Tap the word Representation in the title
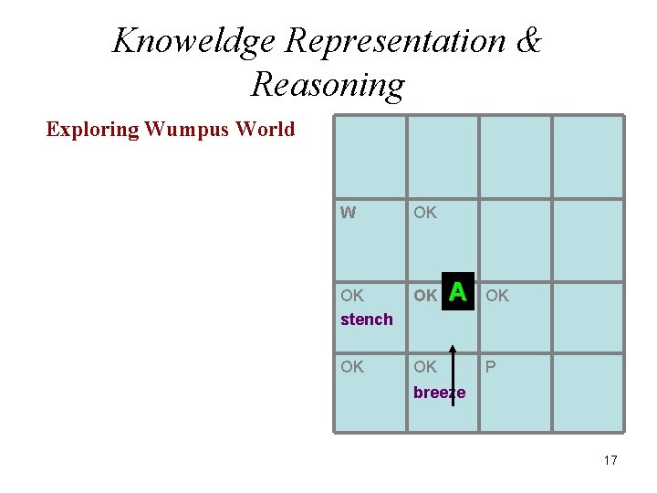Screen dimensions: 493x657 pyautogui.click(x=395, y=41)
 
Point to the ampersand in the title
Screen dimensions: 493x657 pyautogui.click(x=527, y=41)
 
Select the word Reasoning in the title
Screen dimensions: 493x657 pyautogui.click(x=328, y=84)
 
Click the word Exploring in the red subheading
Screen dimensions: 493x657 pyautogui.click(x=92, y=129)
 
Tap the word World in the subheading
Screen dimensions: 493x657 pyautogui.click(x=265, y=129)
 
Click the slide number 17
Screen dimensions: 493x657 pyautogui.click(x=610, y=460)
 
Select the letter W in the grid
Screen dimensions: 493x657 pyautogui.click(x=348, y=213)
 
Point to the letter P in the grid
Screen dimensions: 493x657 pyautogui.click(x=491, y=367)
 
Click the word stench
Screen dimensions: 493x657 pyautogui.click(x=366, y=319)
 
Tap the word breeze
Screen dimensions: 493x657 pyautogui.click(x=439, y=393)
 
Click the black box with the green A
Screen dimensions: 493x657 pyautogui.click(x=458, y=292)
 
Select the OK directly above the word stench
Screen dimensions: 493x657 pyautogui.click(x=351, y=295)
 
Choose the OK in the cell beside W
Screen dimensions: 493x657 pyautogui.click(x=424, y=213)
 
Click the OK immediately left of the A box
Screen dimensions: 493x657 pyautogui.click(x=424, y=295)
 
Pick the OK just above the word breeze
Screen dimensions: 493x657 pyautogui.click(x=424, y=367)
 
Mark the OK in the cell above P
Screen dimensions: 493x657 pyautogui.click(x=497, y=295)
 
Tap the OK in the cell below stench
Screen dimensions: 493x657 pyautogui.click(x=351, y=367)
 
